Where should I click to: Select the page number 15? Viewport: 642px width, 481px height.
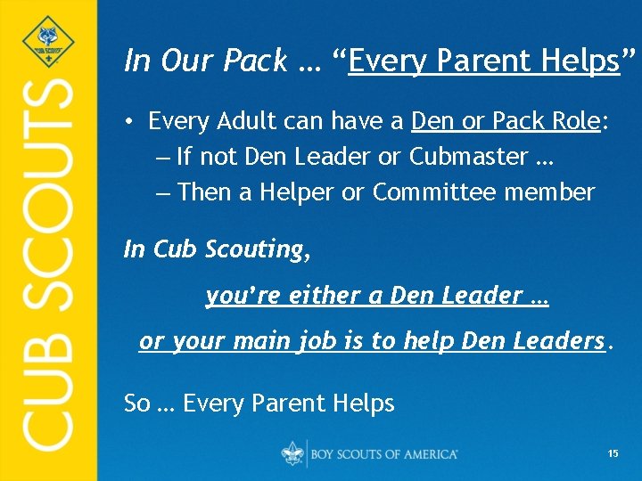pos(613,454)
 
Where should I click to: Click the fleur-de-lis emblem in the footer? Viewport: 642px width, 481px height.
pos(292,453)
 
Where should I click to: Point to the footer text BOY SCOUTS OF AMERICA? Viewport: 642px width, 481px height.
pos(384,454)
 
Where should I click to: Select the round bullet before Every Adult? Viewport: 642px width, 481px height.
pos(130,121)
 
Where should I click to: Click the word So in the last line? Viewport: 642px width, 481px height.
pos(136,404)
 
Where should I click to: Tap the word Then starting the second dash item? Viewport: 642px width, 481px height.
pos(205,192)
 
